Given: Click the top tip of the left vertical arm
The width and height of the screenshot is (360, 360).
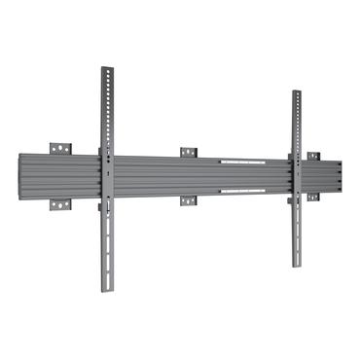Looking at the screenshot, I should tap(106, 69).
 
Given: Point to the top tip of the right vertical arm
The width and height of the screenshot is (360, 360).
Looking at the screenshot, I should tap(296, 92).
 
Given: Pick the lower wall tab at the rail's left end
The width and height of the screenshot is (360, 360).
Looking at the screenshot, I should tap(62, 207).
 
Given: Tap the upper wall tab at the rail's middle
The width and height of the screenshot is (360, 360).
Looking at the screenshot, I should tap(188, 152).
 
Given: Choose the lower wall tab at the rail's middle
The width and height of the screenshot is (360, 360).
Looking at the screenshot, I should tap(188, 201).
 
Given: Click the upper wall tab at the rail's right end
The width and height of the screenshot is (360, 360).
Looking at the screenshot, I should tap(313, 156).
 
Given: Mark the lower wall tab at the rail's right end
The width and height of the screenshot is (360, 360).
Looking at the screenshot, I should tap(313, 197).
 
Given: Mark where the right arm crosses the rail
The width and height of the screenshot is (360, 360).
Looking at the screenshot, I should tap(296, 176).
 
